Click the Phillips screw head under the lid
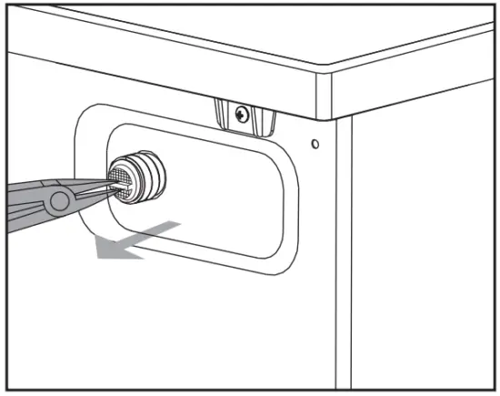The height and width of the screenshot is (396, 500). (240, 115)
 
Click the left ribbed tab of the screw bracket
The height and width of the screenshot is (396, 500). (223, 115)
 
